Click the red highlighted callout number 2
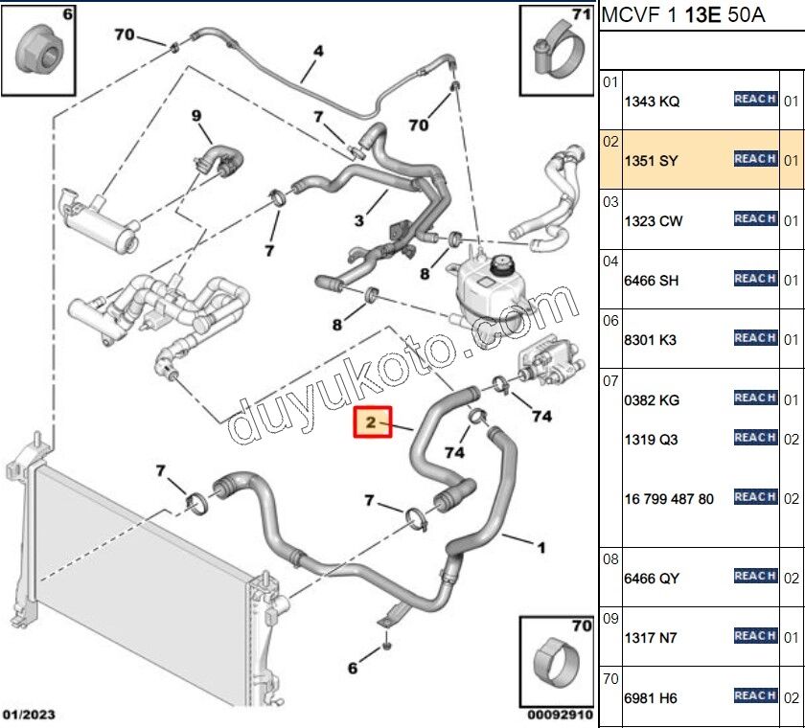373,421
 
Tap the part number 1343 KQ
652,102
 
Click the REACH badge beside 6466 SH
754,279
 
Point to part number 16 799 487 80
668,499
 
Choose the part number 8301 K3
651,339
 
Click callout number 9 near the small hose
196,117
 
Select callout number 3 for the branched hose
358,221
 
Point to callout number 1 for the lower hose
540,548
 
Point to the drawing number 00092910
561,715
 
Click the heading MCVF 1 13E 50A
682,16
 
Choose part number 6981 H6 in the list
651,698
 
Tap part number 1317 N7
651,638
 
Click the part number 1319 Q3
651,440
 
